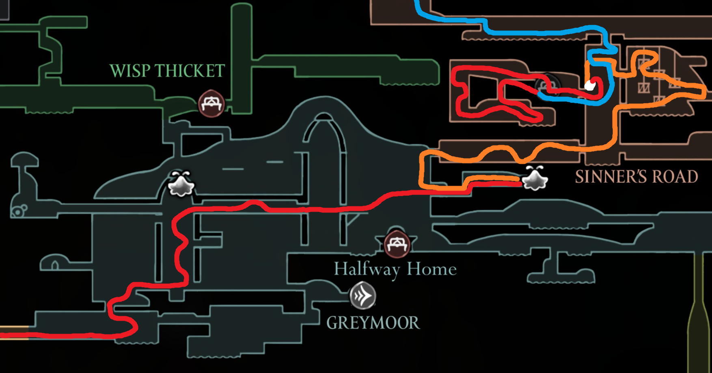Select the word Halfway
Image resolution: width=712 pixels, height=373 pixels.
(x=367, y=269)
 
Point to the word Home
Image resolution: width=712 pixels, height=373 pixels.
(x=432, y=269)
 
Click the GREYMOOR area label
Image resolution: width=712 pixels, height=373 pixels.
(x=373, y=323)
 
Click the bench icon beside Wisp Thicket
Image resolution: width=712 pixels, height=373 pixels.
(x=211, y=104)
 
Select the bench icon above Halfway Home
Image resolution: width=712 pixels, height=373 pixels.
(x=397, y=244)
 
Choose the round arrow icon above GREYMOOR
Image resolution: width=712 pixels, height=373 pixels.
(x=363, y=296)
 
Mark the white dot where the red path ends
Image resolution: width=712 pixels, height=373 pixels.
(x=589, y=85)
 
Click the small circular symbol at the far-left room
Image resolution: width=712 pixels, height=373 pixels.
(x=18, y=211)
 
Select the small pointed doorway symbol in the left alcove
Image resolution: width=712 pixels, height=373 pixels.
(x=55, y=266)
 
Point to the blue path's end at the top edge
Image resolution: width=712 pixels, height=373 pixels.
(x=416, y=2)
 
